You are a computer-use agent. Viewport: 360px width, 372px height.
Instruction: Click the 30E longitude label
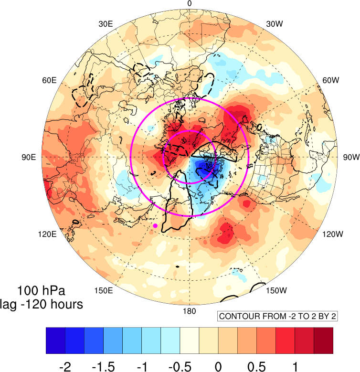[106, 24]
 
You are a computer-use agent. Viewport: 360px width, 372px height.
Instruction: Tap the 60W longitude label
[331, 80]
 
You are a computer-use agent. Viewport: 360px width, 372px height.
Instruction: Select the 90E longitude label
[29, 157]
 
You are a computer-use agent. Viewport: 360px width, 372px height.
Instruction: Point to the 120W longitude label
[332, 234]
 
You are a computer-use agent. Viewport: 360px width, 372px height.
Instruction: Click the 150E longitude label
[104, 290]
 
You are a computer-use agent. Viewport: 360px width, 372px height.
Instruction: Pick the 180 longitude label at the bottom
[189, 311]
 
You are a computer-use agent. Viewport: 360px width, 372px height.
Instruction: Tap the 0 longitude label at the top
[189, 3]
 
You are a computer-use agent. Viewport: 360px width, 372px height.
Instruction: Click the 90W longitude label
[351, 157]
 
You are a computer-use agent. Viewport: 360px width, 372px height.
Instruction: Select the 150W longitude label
[276, 290]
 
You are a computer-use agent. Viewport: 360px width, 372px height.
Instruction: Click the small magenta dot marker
[155, 225]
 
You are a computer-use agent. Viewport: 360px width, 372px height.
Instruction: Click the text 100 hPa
[41, 290]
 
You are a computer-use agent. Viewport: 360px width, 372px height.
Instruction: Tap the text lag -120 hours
[42, 304]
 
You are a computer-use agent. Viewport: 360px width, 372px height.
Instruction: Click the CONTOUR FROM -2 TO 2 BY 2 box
[277, 316]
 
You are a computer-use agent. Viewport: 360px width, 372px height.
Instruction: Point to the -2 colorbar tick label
[65, 367]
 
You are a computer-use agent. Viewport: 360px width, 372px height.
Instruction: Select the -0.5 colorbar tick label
[180, 367]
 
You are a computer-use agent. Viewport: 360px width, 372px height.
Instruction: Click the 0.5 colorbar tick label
[256, 367]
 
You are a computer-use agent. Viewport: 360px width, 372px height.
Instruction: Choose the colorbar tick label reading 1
[295, 367]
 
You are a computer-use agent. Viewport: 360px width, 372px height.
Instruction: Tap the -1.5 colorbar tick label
[103, 367]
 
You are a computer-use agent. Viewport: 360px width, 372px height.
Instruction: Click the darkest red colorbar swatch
[324, 340]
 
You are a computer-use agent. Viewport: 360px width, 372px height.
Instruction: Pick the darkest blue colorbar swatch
[55, 340]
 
